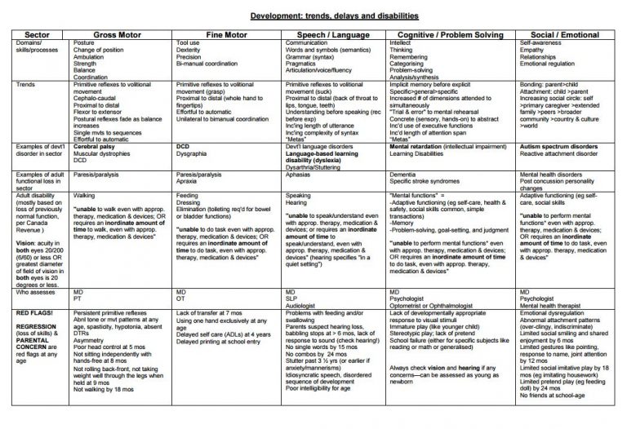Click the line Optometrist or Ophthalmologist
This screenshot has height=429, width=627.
[x=432, y=303]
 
